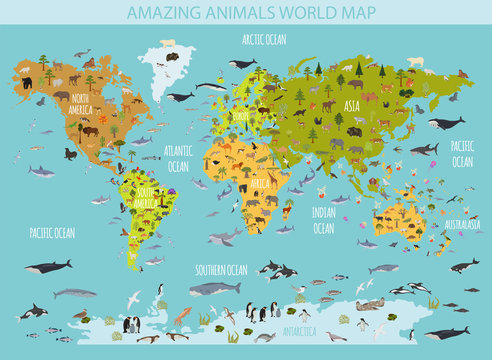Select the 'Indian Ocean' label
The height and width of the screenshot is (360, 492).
coord(323,221)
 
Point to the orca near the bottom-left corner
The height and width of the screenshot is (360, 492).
coord(34,312)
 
